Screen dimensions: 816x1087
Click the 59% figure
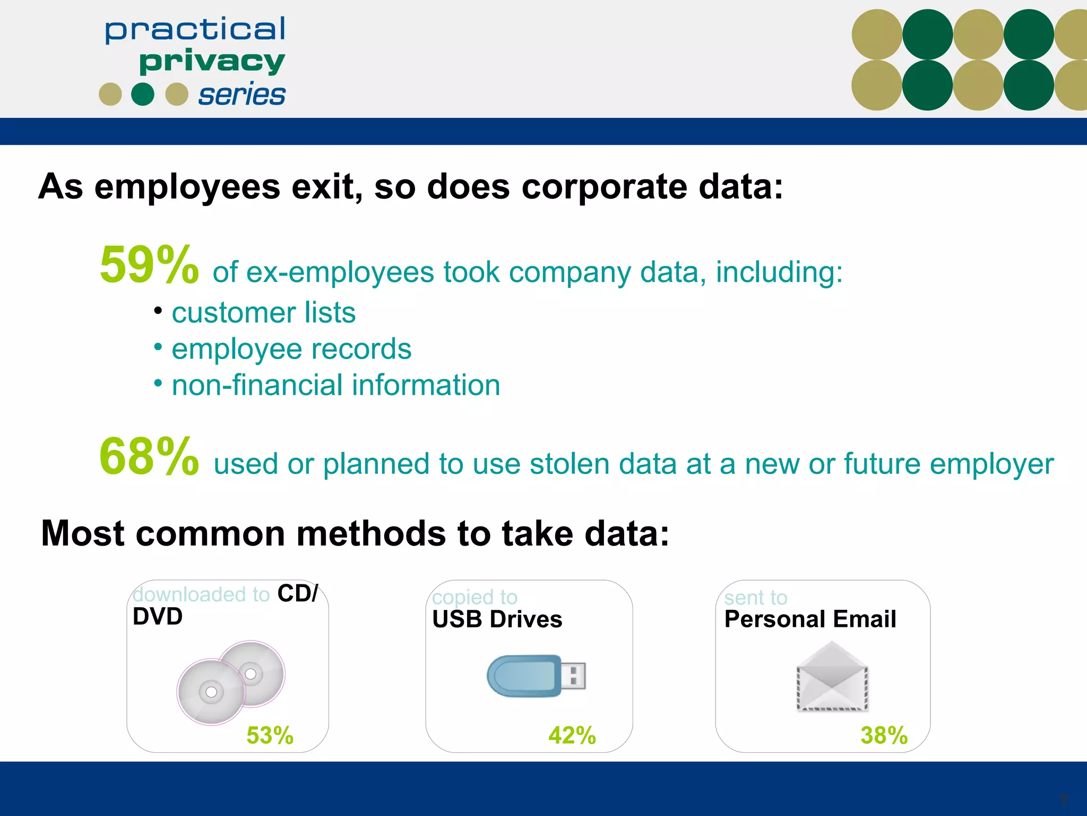[149, 265]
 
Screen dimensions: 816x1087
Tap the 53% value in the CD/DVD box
[270, 736]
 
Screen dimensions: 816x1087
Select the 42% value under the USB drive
[572, 736]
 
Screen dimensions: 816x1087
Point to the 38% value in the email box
[884, 736]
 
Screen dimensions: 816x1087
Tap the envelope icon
[832, 677]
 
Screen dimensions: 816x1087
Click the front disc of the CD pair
[211, 692]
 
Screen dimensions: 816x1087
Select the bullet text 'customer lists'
[263, 312]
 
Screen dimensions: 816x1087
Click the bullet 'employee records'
[291, 349]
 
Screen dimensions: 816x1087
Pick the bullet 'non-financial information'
[336, 385]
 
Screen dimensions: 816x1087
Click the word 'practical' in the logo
[195, 30]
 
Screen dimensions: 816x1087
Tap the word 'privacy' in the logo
[212, 62]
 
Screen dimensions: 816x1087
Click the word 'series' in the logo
[241, 95]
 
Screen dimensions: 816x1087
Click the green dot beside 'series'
[143, 95]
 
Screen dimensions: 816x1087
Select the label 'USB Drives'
[497, 619]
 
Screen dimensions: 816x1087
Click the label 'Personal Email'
[810, 619]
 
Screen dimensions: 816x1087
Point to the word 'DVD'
[158, 617]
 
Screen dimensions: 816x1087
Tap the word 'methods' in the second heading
[371, 533]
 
